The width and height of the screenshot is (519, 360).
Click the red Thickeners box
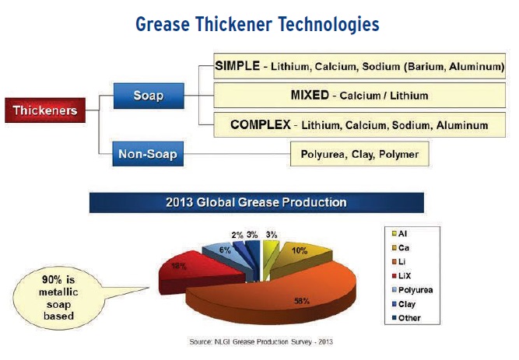coord(45,110)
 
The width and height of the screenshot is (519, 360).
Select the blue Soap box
coord(149,96)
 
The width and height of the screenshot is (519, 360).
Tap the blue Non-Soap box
coord(148,154)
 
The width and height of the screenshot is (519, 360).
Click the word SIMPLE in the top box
coord(237,65)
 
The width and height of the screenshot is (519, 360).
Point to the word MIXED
coord(310,96)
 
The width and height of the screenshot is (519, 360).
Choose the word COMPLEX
coord(261,124)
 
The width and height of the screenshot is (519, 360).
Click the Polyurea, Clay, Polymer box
coord(359,154)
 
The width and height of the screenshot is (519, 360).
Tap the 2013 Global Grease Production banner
coord(257,202)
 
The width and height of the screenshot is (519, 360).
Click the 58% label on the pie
coord(302,301)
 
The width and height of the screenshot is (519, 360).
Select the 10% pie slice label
coord(300,251)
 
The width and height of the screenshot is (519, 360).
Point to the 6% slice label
coord(225,250)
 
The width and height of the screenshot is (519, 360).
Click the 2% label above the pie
coord(237,236)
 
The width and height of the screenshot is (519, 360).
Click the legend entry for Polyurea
coord(412,290)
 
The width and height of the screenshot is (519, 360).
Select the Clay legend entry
coord(404,304)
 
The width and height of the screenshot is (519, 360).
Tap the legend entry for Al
coord(399,233)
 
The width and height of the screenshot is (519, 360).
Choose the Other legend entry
coord(406,318)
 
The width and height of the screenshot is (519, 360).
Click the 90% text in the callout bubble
coord(52,280)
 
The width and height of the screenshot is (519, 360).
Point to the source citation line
coord(261,342)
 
